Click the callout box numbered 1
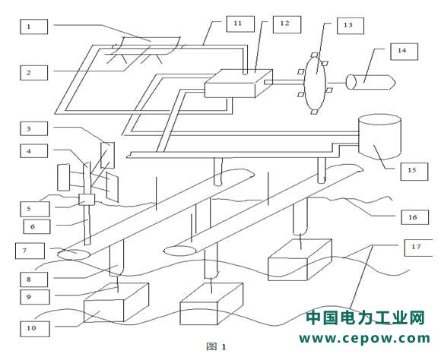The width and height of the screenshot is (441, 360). click(33, 27)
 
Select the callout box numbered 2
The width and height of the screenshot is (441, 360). click(33, 73)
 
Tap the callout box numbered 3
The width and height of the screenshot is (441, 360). click(33, 128)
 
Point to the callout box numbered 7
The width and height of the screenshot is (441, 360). click(30, 251)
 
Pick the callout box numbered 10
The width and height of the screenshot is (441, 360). click(35, 328)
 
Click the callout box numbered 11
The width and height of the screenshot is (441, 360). click(240, 24)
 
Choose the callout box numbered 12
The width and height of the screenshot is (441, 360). click(287, 24)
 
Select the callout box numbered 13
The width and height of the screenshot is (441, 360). click(351, 26)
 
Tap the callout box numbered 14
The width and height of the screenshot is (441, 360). click(405, 52)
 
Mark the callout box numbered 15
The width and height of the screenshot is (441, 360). click(414, 172)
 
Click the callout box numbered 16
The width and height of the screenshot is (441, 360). click(415, 217)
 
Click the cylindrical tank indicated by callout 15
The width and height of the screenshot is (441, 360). click(379, 137)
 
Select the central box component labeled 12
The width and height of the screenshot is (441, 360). click(239, 84)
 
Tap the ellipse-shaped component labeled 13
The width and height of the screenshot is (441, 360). click(316, 84)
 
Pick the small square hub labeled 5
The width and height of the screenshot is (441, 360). click(87, 200)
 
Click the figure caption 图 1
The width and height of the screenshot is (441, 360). click(216, 347)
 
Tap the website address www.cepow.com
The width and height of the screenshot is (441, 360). click(364, 339)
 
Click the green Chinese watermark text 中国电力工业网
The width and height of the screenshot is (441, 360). click(365, 317)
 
